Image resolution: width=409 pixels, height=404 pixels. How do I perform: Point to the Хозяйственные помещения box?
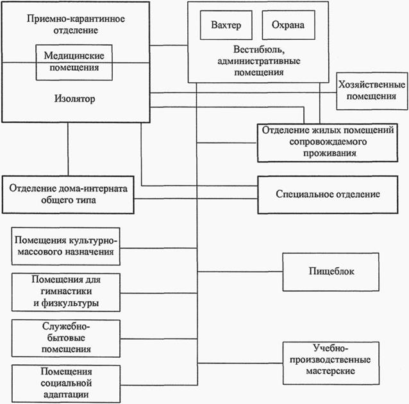(372, 90)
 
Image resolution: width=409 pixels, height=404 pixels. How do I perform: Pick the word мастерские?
(328, 371)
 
